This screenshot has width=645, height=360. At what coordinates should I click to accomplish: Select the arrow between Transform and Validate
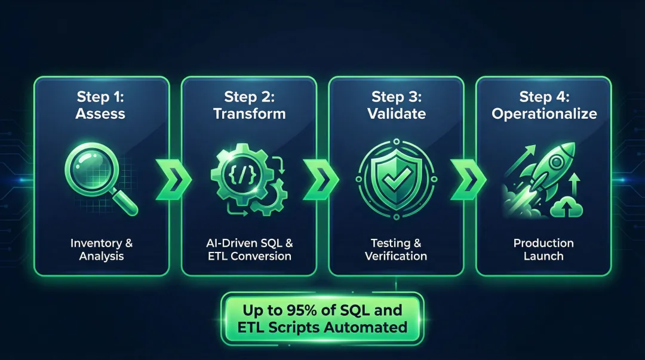coord(321,179)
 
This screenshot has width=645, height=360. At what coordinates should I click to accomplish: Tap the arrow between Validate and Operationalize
coord(469,179)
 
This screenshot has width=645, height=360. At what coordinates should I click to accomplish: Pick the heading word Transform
coord(249,113)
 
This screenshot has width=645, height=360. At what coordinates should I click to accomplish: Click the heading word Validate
coord(396,113)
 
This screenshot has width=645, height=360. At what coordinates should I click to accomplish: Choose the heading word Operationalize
coord(544,113)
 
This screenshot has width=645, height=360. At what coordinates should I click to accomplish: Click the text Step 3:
coord(396,97)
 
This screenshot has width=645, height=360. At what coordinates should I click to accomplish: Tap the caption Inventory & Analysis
coord(102,250)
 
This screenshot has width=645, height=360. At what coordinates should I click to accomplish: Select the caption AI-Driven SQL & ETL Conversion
coord(249,250)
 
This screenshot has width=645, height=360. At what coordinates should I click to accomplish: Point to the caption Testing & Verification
coord(396,250)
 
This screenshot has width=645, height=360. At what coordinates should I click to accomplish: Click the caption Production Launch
coord(543,250)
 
